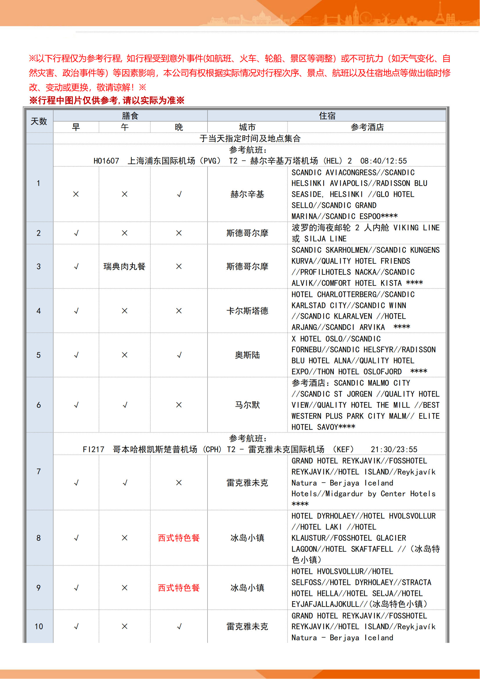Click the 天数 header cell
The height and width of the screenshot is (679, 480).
pyautogui.click(x=39, y=121)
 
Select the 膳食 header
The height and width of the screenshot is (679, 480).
pyautogui.click(x=130, y=116)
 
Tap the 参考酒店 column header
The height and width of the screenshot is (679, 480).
pyautogui.click(x=367, y=127)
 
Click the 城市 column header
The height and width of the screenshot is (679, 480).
pyautogui.click(x=247, y=127)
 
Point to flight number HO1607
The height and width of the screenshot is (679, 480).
pyautogui.click(x=106, y=161)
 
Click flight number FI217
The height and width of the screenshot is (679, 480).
pyautogui.click(x=93, y=449)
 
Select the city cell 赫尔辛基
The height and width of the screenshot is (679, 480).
pyautogui.click(x=247, y=194)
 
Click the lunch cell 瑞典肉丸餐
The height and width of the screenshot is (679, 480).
pyautogui.click(x=124, y=266)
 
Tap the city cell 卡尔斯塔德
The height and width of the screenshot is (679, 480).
pyautogui.click(x=247, y=311)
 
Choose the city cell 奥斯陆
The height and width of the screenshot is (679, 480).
pyautogui.click(x=247, y=355)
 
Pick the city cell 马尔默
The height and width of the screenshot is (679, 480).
pyautogui.click(x=247, y=405)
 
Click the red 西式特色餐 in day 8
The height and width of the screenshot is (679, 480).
pyautogui.click(x=179, y=538)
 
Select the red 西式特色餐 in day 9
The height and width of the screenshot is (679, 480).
pyautogui.click(x=179, y=588)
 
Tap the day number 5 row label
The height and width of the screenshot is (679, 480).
pyautogui.click(x=39, y=355)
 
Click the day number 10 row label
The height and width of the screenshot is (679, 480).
pyautogui.click(x=39, y=626)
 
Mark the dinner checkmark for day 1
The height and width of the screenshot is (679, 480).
pyautogui.click(x=179, y=194)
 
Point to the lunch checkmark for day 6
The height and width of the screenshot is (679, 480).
pyautogui.click(x=125, y=405)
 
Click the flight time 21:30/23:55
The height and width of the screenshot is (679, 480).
pyautogui.click(x=394, y=449)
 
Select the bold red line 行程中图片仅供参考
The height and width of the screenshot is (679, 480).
pyautogui.click(x=107, y=100)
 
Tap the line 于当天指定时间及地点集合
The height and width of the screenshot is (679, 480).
pyautogui.click(x=250, y=138)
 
